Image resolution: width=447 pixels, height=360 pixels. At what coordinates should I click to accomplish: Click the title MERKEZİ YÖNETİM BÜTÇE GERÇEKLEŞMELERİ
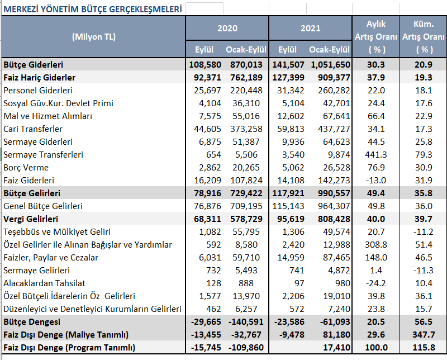coord(93,9)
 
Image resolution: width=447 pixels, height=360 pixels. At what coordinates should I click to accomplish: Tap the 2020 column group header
coord(227,29)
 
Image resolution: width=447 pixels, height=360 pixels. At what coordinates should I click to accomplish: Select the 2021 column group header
coord(311,29)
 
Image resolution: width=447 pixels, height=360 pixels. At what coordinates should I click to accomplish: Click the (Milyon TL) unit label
coord(94,37)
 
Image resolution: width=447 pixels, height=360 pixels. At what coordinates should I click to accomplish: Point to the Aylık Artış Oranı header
coord(376,37)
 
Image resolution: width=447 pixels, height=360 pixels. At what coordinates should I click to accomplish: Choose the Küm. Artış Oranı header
coord(424,37)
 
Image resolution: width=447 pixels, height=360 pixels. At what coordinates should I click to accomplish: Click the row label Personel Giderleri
coord(38,91)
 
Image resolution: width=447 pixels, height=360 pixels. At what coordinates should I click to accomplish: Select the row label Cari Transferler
coord(33,129)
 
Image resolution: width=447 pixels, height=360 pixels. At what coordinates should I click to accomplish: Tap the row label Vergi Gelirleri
coord(31,219)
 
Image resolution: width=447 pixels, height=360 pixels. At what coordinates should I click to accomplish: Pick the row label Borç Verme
coord(26,168)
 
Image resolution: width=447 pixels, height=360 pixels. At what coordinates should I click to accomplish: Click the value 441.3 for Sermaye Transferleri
coord(376,155)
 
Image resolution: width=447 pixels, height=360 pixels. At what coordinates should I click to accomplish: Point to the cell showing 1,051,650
coord(330,65)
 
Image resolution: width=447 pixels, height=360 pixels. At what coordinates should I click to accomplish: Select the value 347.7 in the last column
coord(424,335)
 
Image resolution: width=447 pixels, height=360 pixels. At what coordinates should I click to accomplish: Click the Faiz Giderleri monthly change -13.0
coord(376,181)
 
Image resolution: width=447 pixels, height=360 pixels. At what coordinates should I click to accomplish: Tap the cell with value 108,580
coord(205,65)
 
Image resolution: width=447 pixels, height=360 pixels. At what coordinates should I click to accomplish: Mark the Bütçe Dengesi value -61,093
coord(335,322)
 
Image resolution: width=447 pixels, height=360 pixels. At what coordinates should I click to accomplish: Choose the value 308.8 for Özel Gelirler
coord(376,245)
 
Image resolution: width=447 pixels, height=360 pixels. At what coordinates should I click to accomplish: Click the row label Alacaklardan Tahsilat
coord(44,283)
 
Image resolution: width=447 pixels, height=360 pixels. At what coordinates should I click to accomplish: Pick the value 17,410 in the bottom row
coord(337,348)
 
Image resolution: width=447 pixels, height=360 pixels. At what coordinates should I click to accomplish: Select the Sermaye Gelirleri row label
coord(36,271)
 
